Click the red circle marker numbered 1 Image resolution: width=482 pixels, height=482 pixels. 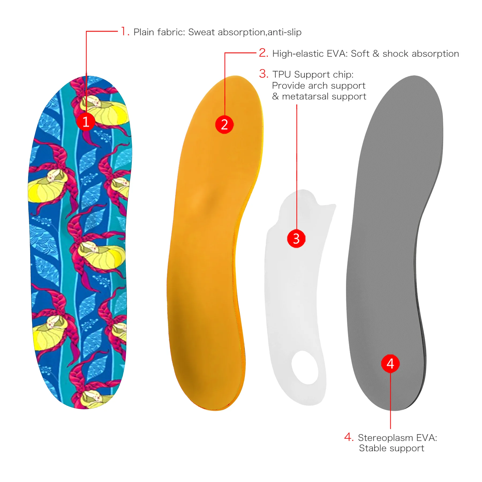tap(86, 122)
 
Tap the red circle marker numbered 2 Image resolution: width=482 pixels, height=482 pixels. tap(224, 125)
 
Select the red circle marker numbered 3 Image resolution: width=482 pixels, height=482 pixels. tap(296, 238)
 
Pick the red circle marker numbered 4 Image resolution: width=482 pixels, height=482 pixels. tap(390, 364)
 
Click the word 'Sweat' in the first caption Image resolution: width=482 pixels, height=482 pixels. tap(201, 32)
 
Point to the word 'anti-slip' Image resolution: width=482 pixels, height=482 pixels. tap(284, 32)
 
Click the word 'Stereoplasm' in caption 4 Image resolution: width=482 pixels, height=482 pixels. tap(385, 438)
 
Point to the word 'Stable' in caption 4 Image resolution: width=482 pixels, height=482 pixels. tap(372, 448)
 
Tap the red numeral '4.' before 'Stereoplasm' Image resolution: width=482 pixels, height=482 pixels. tap(349, 437)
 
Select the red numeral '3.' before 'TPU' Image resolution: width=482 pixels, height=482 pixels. tap(264, 74)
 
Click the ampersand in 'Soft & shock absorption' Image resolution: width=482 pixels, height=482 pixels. tap(376, 54)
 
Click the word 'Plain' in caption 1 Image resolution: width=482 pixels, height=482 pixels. tap(144, 32)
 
